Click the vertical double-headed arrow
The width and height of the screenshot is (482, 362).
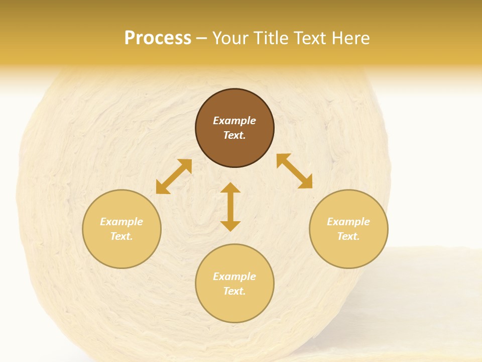pos(230,207)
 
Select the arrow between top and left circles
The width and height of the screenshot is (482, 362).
pos(174,176)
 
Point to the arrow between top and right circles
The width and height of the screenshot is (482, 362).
pos(294,171)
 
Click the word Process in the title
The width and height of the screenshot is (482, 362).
pos(158,38)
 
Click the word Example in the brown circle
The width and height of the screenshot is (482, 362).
pos(234,121)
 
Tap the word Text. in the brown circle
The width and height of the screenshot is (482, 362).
pos(234,135)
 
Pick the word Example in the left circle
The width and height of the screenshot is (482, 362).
pos(122,222)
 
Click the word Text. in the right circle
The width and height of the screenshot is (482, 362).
pos(348,236)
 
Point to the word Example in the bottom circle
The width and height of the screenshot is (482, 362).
pos(234,277)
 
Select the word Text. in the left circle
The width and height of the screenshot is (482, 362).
pos(122,236)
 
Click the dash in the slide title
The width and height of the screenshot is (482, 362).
pos(202,38)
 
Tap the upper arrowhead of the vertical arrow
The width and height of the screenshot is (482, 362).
pos(230,188)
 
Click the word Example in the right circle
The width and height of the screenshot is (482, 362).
pos(348,222)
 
